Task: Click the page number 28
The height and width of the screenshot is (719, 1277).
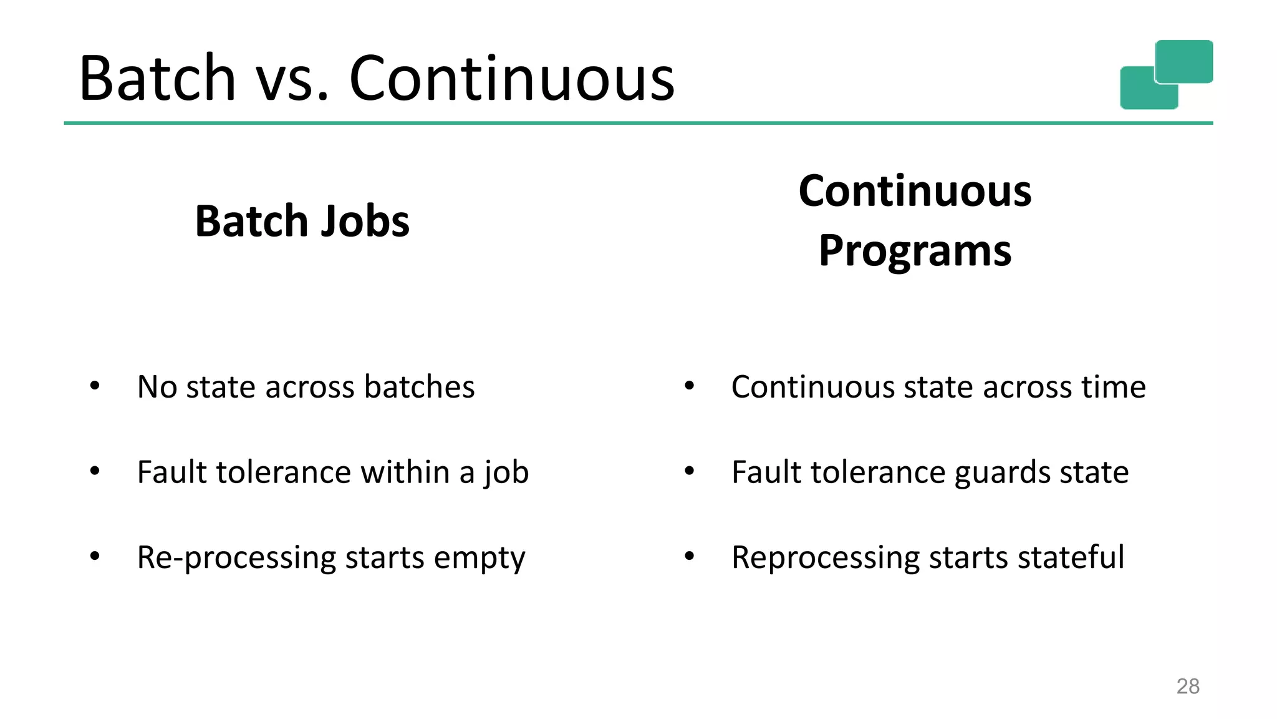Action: (x=1187, y=686)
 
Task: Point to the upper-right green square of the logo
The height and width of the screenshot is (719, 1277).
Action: (x=1183, y=61)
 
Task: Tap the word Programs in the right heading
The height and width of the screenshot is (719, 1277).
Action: (x=915, y=251)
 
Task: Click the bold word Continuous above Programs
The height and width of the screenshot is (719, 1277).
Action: (x=915, y=191)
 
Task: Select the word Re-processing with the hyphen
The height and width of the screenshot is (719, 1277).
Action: (x=236, y=557)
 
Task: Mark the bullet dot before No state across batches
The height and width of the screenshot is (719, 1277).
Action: (x=95, y=385)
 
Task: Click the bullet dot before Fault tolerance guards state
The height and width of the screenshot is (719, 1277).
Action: (x=689, y=471)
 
